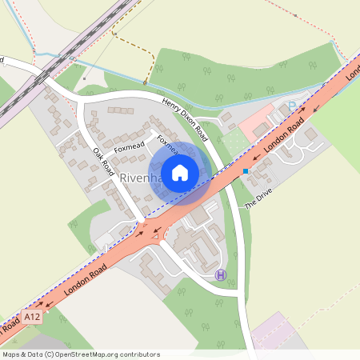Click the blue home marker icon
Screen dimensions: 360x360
(x=180, y=172)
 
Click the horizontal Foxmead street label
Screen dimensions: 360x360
(x=129, y=147)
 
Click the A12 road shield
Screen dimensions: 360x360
(x=31, y=318)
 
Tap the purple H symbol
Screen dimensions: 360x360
(x=220, y=275)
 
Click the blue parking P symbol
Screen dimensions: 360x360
(x=292, y=106)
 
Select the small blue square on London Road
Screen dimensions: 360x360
(x=245, y=171)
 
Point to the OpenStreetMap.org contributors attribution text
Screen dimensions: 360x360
(x=80, y=354)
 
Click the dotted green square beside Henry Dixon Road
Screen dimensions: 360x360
(x=232, y=142)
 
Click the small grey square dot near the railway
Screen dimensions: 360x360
(x=83, y=79)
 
